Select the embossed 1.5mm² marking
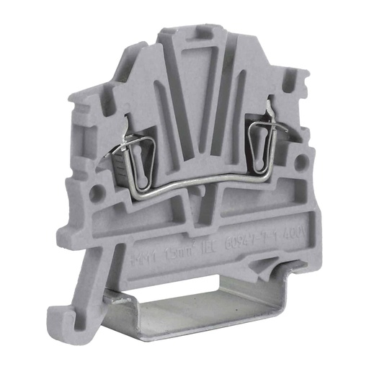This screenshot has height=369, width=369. point(177,252)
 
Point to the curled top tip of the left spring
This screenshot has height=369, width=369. point(127,123)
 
